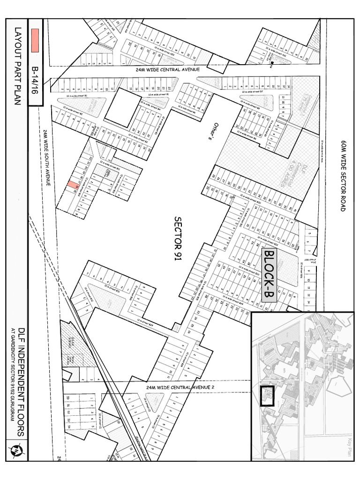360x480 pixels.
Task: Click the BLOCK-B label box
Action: pos(269,275)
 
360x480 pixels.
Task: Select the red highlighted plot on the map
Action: pos(72,185)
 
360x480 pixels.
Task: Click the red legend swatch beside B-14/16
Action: pos(35,40)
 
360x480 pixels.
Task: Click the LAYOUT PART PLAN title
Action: pos(18,66)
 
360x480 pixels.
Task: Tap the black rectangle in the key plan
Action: pos(267,396)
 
